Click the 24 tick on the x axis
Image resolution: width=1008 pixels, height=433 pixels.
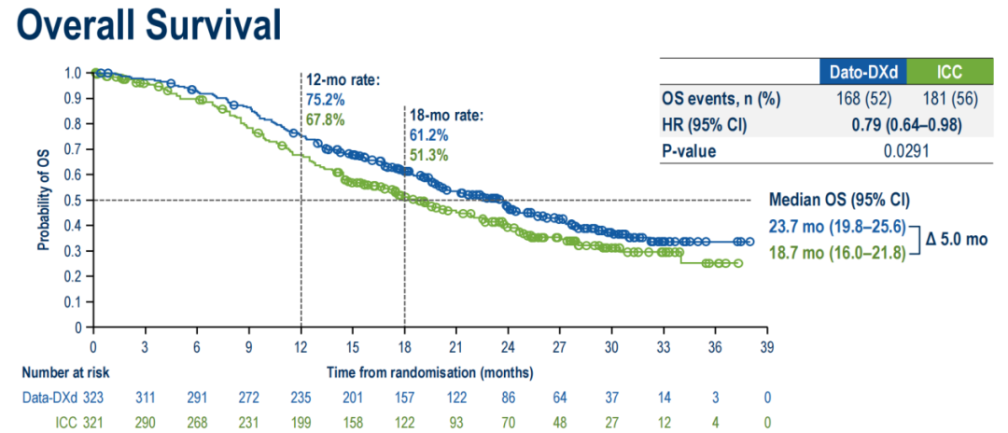[x=508, y=344]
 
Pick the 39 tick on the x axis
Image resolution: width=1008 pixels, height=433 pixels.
[x=766, y=344]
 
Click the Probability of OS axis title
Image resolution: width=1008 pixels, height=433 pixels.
[x=43, y=199]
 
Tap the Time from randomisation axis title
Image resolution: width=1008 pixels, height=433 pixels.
[x=430, y=371]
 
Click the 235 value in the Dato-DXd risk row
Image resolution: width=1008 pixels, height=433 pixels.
[x=301, y=397]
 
